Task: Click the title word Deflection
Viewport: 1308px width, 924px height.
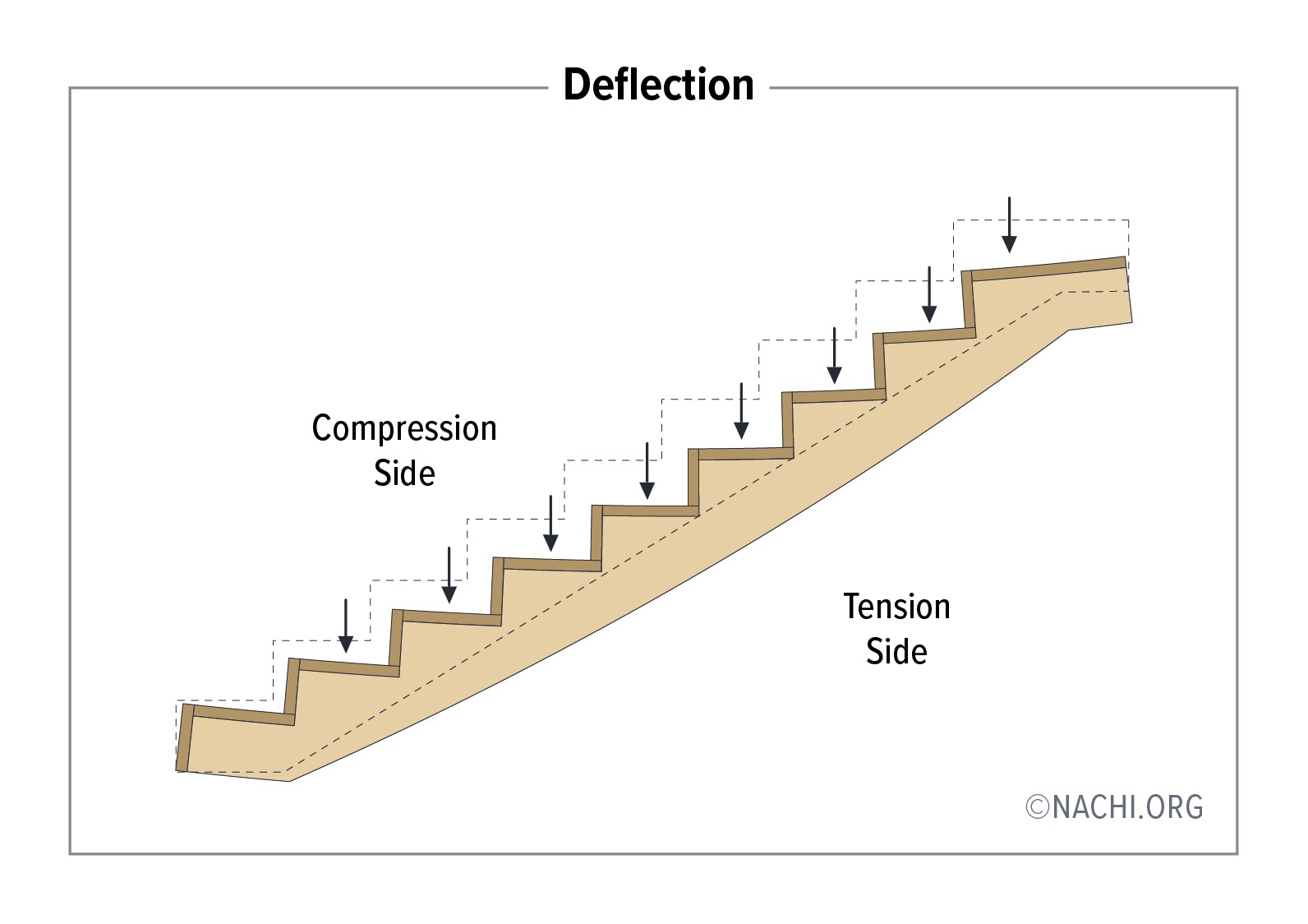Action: pyautogui.click(x=658, y=85)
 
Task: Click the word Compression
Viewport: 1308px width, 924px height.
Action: pyautogui.click(x=404, y=428)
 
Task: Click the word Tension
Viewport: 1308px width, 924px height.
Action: pyautogui.click(x=896, y=607)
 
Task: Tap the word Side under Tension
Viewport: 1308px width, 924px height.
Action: pyautogui.click(x=896, y=652)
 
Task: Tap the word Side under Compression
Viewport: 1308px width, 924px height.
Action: pyautogui.click(x=404, y=474)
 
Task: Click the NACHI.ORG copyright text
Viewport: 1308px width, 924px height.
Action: pyautogui.click(x=1126, y=807)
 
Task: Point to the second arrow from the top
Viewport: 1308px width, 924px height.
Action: pyautogui.click(x=929, y=294)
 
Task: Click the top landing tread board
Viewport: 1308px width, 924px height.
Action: pyautogui.click(x=1048, y=269)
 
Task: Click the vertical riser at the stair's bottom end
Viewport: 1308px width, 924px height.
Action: pyautogui.click(x=185, y=737)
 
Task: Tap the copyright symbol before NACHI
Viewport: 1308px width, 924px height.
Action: pyautogui.click(x=1038, y=807)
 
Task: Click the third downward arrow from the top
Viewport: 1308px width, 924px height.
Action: pyautogui.click(x=834, y=355)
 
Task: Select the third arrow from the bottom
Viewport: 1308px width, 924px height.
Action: pyautogui.click(x=550, y=523)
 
